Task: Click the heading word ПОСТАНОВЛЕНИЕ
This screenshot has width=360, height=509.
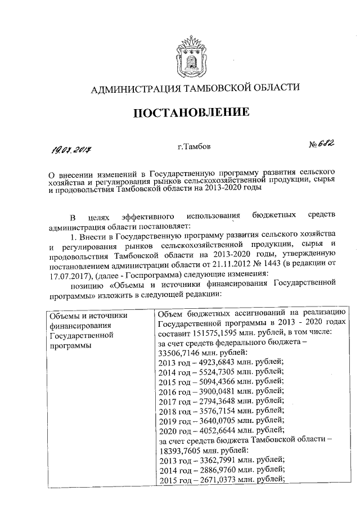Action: pyautogui.click(x=191, y=112)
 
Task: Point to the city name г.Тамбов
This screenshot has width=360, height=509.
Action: pyautogui.click(x=194, y=147)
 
